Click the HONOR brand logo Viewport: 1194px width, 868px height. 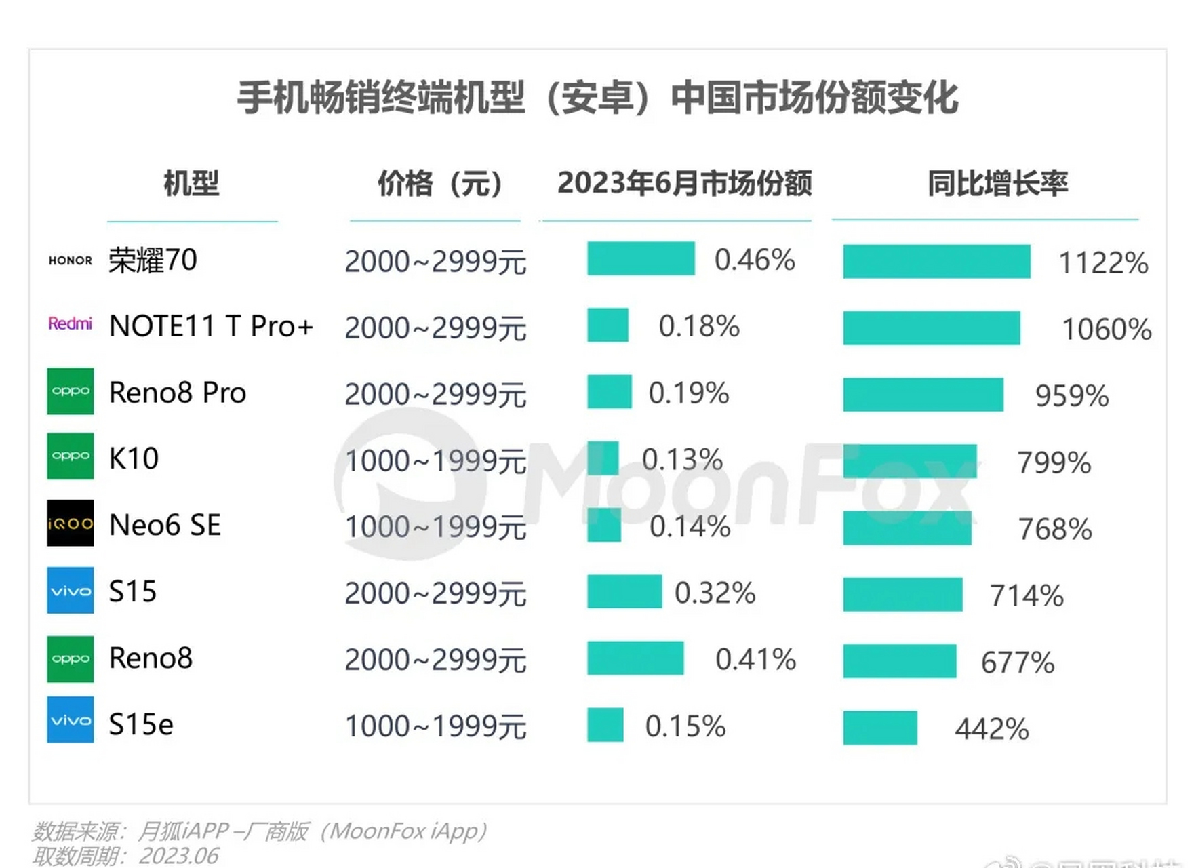pos(70,260)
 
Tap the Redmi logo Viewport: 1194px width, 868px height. pos(70,323)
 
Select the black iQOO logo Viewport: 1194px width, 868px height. pos(70,524)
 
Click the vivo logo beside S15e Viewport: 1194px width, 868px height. pos(70,720)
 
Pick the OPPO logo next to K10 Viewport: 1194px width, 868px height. pos(70,456)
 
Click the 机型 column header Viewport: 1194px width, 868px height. pos(191,184)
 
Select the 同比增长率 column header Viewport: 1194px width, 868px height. pos(997,184)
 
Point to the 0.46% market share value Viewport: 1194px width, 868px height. pos(755,260)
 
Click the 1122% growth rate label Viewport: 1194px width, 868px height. pos(1103,263)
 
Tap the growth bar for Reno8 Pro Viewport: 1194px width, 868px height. pos(923,395)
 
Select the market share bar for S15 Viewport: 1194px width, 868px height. pos(624,591)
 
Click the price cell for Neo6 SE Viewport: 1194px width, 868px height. pos(435,527)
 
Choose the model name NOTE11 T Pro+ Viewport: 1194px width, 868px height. pos(211,326)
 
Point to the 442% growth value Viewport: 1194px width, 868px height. pos(991,730)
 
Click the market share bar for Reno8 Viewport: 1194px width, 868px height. pos(635,658)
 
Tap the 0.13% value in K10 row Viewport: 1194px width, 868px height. pos(682,460)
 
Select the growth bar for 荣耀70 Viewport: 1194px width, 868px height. pos(936,262)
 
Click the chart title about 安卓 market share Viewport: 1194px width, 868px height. pos(597,98)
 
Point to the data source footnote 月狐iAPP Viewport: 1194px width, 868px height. pos(259,831)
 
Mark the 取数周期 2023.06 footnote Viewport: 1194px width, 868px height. pos(125,856)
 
